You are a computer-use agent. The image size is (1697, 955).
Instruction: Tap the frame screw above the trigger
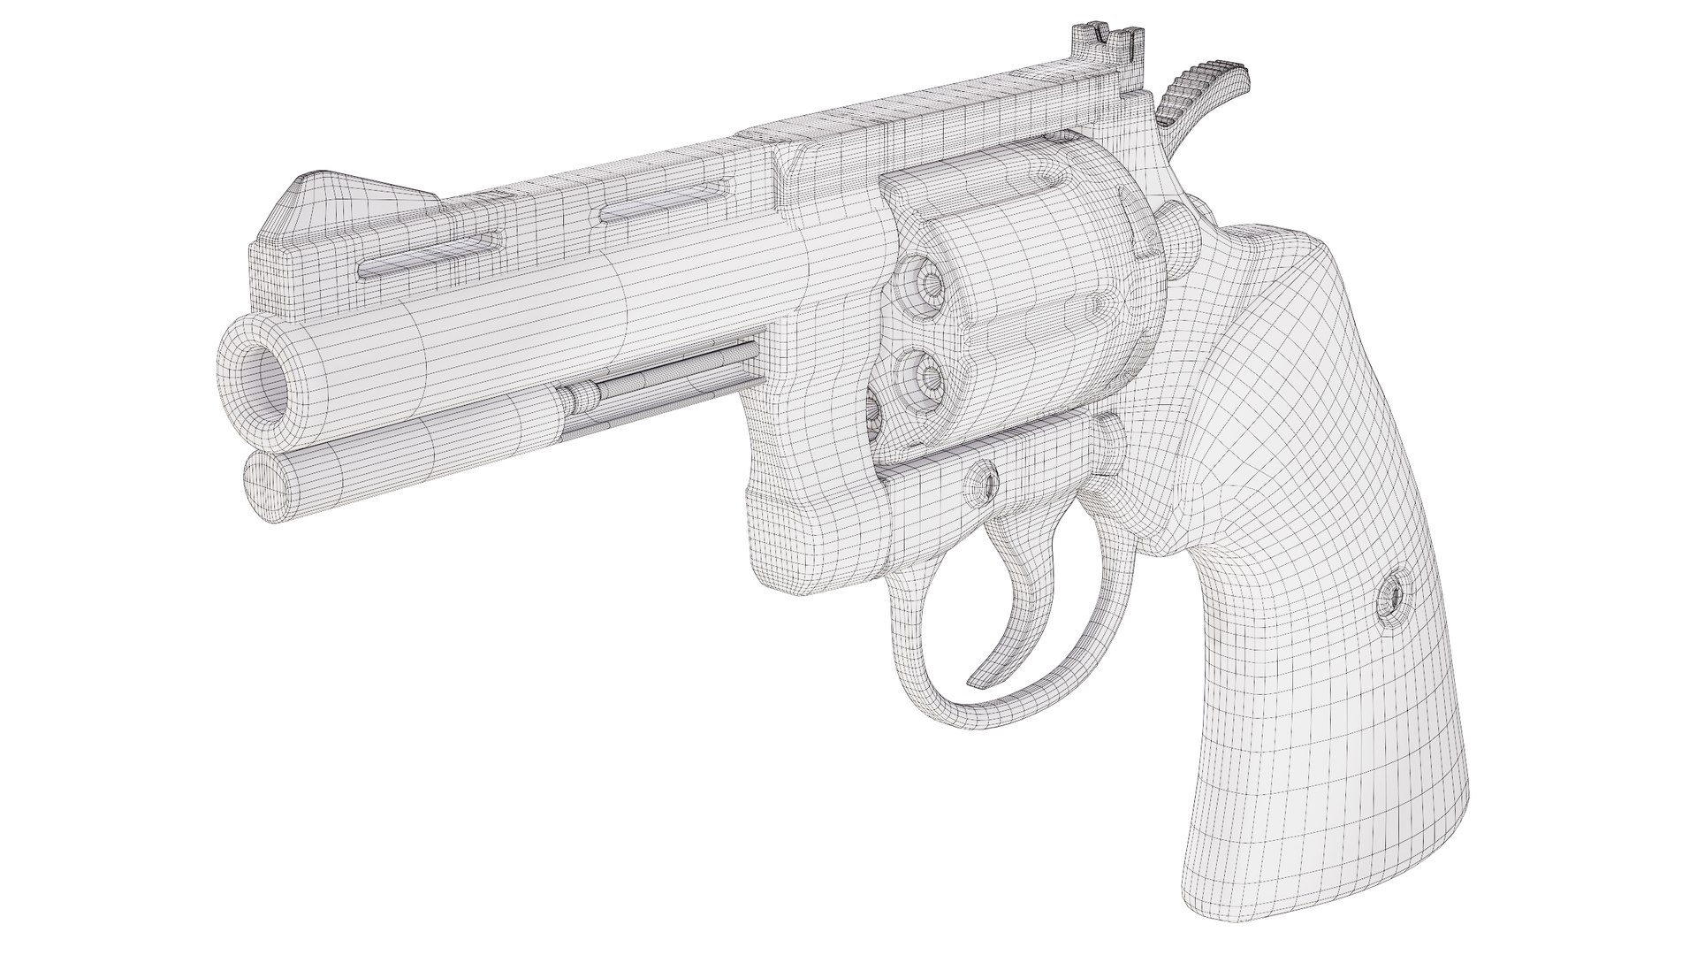pos(984,482)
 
